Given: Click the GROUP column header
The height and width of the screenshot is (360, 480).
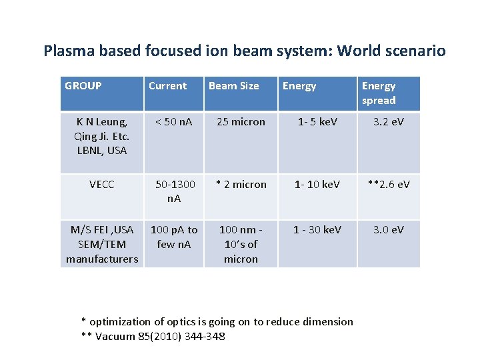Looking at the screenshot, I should (x=83, y=86).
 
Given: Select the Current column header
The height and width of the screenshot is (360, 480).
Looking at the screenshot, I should (x=167, y=86).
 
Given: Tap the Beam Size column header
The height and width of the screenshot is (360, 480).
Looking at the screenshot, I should (x=233, y=86).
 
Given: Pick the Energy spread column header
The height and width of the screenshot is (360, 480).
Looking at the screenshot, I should (x=379, y=93).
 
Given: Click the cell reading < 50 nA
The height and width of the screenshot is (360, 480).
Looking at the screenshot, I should (x=173, y=122).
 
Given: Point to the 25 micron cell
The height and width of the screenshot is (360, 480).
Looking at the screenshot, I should (x=241, y=122).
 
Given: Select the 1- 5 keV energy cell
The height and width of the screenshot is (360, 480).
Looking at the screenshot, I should (x=317, y=122).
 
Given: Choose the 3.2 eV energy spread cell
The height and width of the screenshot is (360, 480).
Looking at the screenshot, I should (x=388, y=122).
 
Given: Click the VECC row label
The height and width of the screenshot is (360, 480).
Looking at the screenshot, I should (x=102, y=185).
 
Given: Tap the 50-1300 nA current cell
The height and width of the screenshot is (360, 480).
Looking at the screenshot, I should (x=175, y=191).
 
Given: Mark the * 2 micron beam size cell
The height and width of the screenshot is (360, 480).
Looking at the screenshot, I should (x=241, y=185).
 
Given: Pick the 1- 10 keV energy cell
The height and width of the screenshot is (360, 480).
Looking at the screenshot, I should (x=317, y=185).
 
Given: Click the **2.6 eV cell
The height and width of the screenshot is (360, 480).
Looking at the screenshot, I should (x=388, y=185).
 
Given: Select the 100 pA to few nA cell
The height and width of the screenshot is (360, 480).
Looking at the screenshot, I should (x=174, y=237).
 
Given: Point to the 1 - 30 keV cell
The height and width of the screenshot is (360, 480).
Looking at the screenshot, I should (x=317, y=230).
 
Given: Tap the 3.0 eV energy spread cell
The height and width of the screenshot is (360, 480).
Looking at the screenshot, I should (x=388, y=230).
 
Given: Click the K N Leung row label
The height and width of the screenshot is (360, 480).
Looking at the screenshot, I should (x=102, y=136).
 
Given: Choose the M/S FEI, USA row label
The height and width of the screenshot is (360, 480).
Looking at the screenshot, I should (x=102, y=244).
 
